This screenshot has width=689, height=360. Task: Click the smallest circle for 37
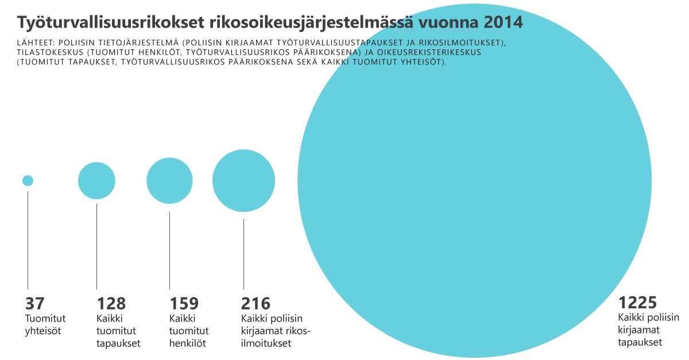tap(28, 180)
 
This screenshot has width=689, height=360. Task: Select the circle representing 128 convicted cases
tap(96, 180)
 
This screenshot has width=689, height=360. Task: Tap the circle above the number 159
tap(169, 181)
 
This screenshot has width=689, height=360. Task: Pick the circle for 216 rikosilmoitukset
tap(243, 180)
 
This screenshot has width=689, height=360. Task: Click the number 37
tap(34, 304)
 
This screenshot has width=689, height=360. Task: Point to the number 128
tap(111, 304)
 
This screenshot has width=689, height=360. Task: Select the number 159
tap(184, 304)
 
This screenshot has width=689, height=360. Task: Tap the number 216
tap(256, 304)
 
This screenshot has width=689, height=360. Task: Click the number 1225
tap(637, 303)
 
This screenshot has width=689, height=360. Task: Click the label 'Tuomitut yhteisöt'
tap(45, 324)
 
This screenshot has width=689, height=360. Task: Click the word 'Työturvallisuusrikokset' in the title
tap(110, 22)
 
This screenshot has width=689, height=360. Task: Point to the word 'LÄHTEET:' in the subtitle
tap(36, 42)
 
